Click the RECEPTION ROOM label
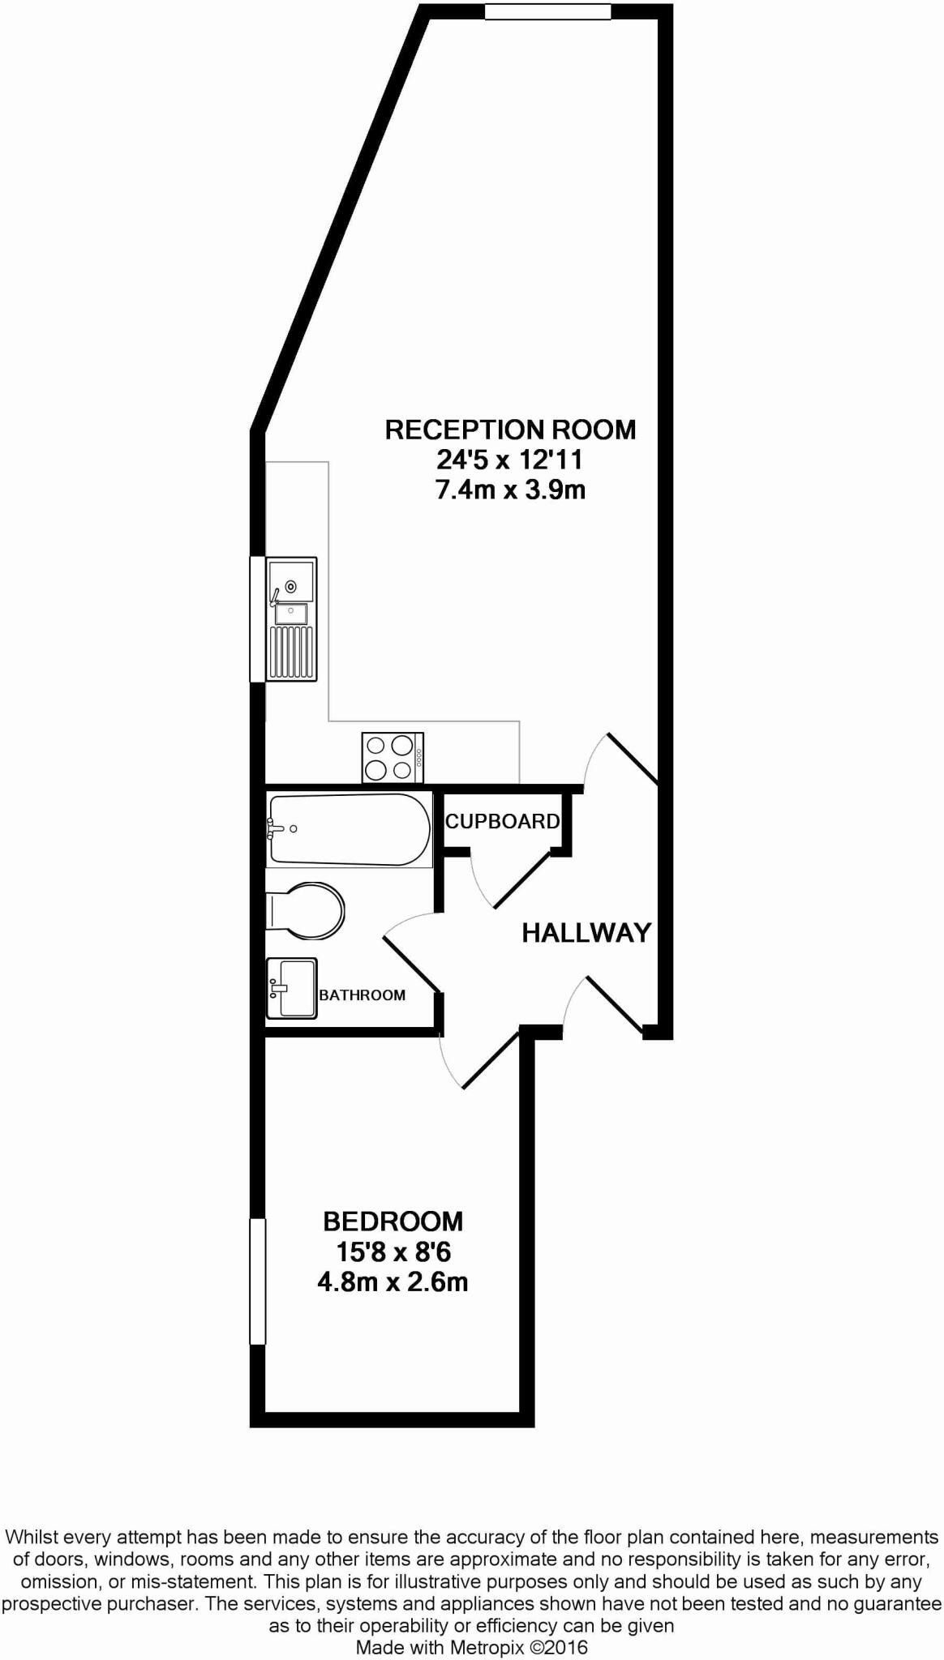tap(510, 430)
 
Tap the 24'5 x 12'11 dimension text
tap(510, 460)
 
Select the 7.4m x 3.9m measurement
tap(510, 490)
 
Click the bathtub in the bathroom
tap(349, 830)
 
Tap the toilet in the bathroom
tap(307, 911)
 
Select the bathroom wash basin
tap(291, 988)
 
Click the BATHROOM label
tap(362, 995)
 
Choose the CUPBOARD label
tap(502, 821)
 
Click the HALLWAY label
tap(586, 933)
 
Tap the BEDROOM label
tap(393, 1221)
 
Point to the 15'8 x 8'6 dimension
tap(393, 1252)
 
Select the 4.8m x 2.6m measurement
tap(393, 1283)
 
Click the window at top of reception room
tap(547, 11)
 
